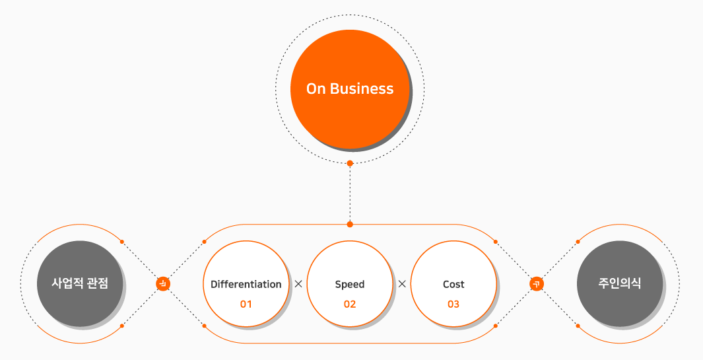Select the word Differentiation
(x=246, y=284)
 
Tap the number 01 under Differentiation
(x=246, y=305)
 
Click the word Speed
(x=350, y=284)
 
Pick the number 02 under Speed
(x=350, y=305)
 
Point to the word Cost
(x=453, y=284)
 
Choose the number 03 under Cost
(x=453, y=305)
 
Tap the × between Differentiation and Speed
(x=298, y=284)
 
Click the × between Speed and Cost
(x=402, y=284)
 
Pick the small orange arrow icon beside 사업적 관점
(x=163, y=284)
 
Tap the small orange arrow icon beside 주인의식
(x=537, y=284)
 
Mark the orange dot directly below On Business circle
(x=350, y=162)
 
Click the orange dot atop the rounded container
(x=350, y=224)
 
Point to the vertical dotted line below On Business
(x=350, y=194)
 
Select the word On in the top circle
(x=316, y=89)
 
